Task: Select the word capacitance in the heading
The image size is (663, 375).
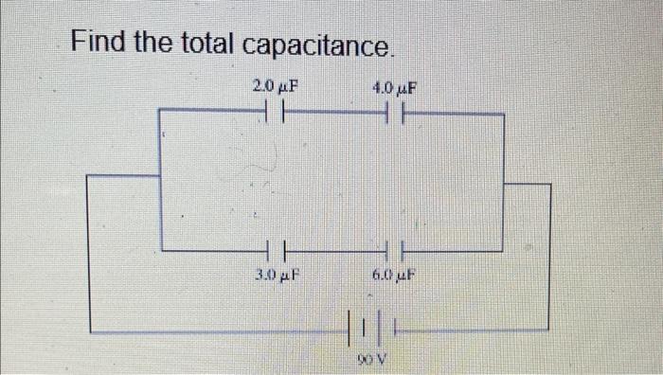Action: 316,45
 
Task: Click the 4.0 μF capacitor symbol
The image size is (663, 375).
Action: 394,115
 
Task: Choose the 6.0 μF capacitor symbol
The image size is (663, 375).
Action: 394,251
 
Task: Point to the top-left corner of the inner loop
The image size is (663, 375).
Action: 160,110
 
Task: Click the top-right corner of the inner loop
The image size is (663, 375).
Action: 503,115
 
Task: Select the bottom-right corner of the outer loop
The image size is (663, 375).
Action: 548,330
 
